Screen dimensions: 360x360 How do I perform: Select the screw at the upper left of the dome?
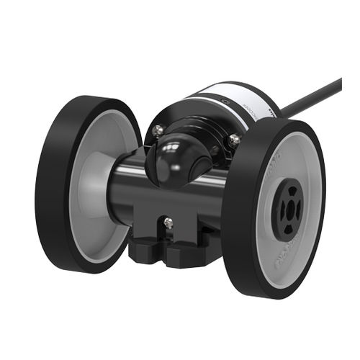click(157, 131)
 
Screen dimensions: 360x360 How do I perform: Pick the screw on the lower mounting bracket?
click(168, 225)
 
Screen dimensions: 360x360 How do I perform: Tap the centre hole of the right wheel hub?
click(291, 210)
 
